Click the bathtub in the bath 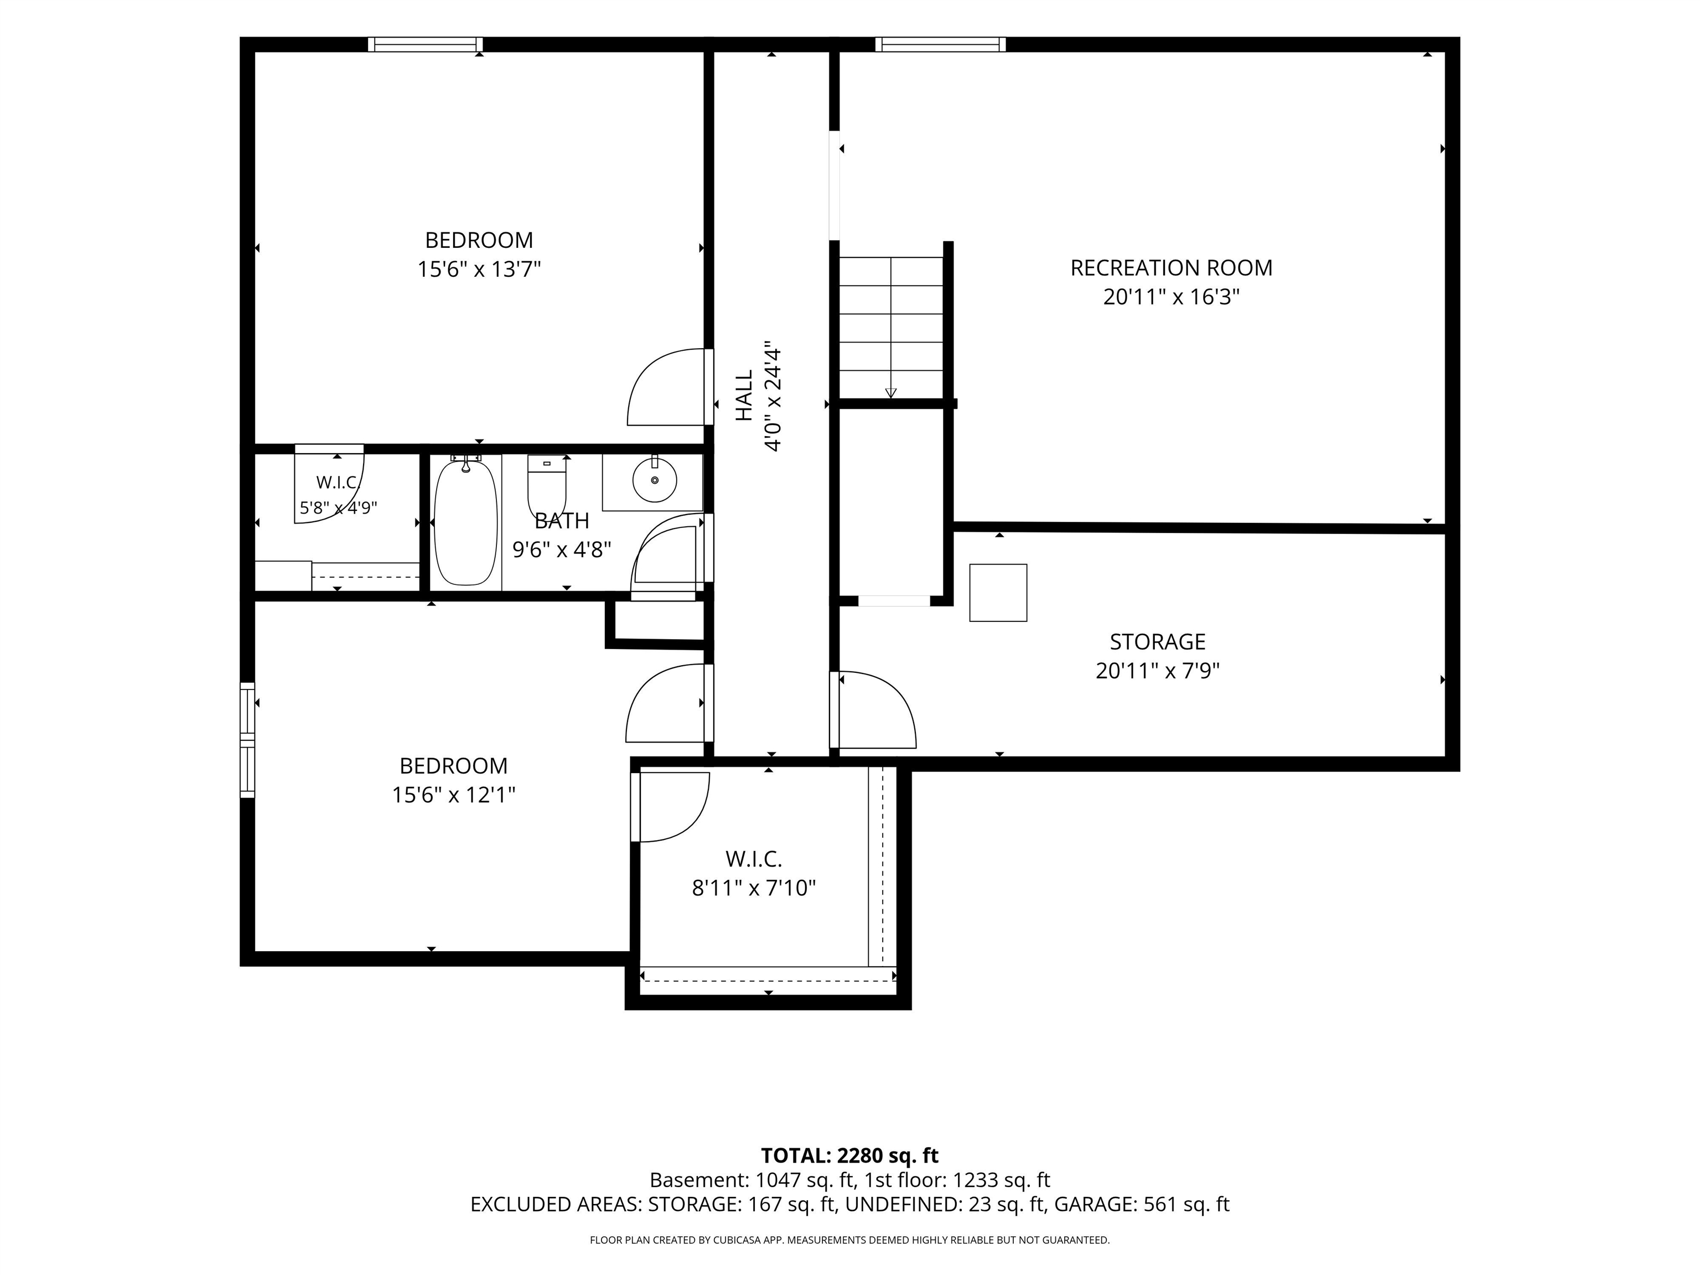pos(466,522)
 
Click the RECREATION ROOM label pos(1172,268)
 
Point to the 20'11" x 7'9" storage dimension pos(1158,671)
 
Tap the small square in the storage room pos(998,593)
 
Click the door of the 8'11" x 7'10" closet pos(670,807)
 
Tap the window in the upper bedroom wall pos(425,45)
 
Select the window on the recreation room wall pos(940,45)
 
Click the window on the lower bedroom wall pos(247,740)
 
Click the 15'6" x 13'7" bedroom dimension pos(480,269)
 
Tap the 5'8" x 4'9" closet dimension pos(338,508)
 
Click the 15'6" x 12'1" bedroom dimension pos(453,795)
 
